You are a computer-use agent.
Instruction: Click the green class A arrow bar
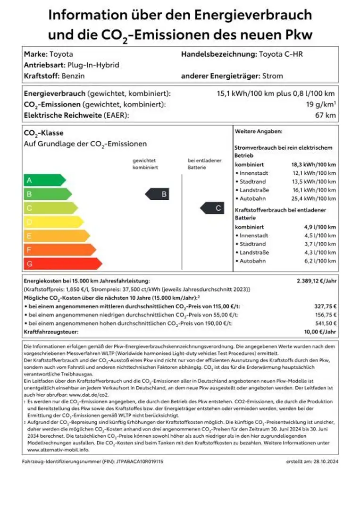coord(44,180)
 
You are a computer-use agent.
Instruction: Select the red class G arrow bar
coord(62,263)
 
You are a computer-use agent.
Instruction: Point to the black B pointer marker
coord(157,194)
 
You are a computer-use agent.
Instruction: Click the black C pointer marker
coord(212,208)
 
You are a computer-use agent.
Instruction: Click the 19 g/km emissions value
coord(320,104)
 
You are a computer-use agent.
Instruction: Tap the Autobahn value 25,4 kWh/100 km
coord(313,198)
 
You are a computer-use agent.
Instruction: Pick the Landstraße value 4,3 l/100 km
coord(320,252)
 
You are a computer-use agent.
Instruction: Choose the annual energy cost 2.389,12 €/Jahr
coord(316,280)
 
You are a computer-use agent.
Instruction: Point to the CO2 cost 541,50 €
coord(325,323)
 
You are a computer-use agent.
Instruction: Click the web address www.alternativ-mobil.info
coord(52,450)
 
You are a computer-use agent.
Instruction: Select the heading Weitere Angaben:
coord(259,131)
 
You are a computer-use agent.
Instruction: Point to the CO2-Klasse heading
coord(43,133)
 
